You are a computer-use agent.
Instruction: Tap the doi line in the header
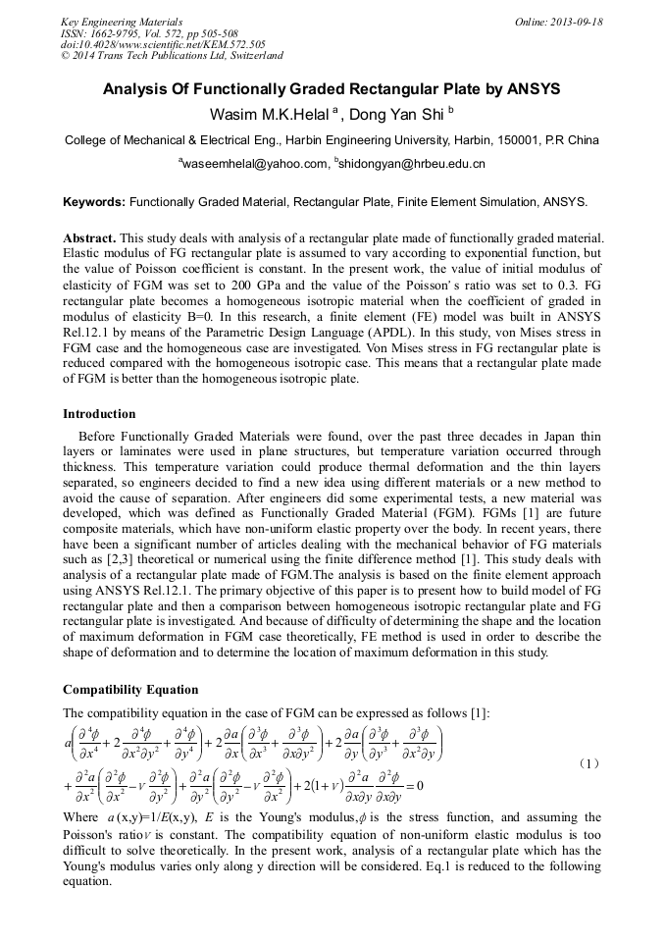click(x=163, y=44)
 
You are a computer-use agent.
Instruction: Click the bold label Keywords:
click(x=94, y=202)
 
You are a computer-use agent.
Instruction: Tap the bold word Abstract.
click(x=89, y=238)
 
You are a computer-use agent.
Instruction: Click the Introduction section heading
click(x=99, y=414)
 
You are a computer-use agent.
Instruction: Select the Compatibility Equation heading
click(x=130, y=690)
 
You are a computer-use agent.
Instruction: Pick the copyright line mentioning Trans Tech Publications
click(x=172, y=56)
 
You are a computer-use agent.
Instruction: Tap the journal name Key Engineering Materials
click(x=122, y=22)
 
